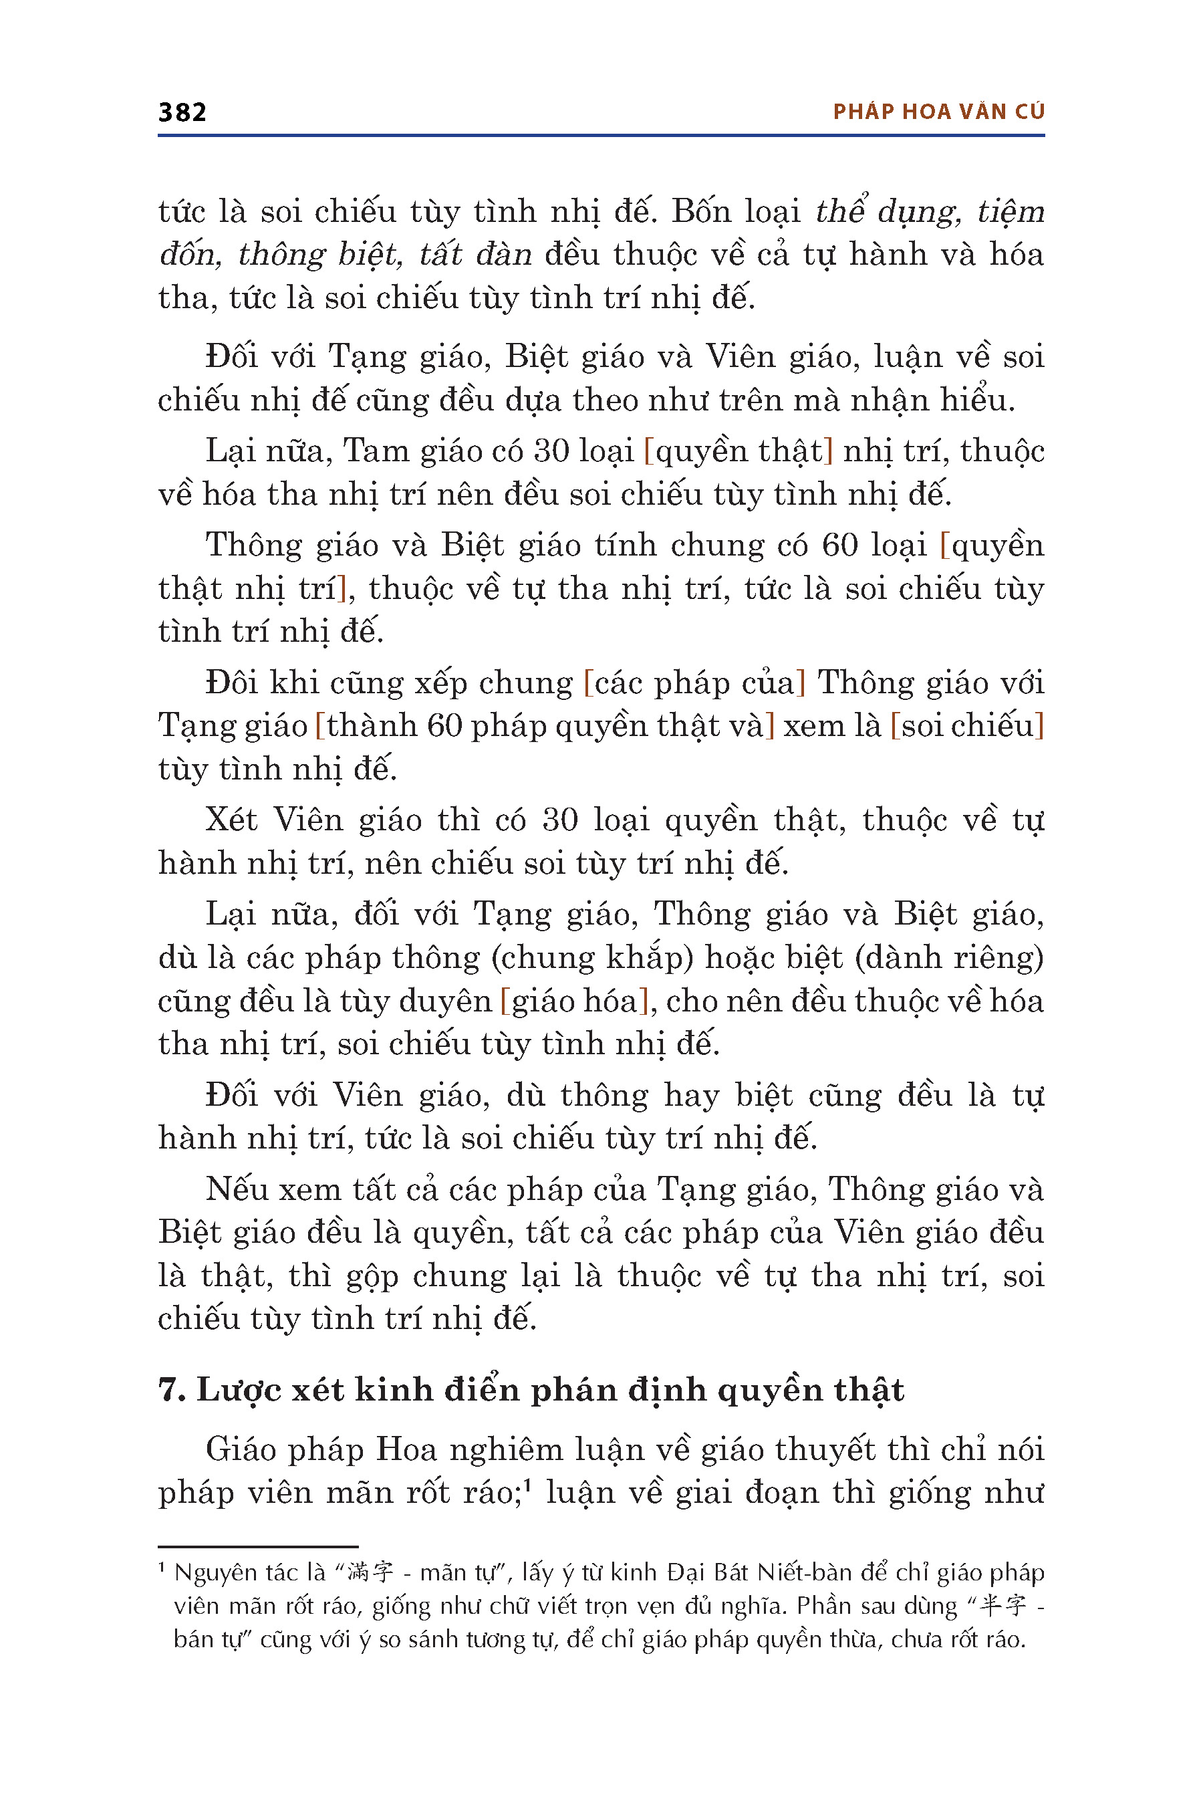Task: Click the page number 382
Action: click(x=182, y=112)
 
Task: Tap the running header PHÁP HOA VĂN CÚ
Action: click(x=938, y=112)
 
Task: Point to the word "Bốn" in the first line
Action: click(x=702, y=212)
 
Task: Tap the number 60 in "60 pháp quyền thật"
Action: click(x=445, y=726)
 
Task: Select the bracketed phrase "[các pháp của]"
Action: click(x=694, y=683)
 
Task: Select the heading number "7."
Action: click(x=172, y=1391)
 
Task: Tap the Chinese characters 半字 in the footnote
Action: click(x=1005, y=1606)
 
